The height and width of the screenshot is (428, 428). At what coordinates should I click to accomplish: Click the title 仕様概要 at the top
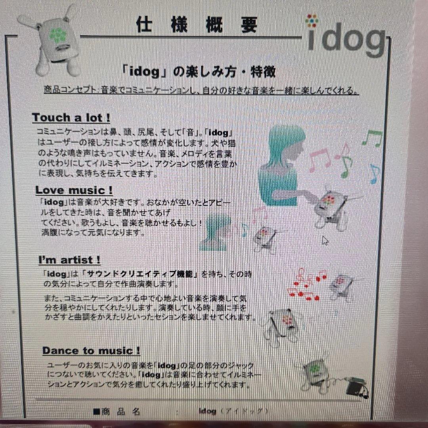tap(197, 25)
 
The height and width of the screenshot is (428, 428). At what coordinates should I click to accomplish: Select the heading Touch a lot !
tap(71, 118)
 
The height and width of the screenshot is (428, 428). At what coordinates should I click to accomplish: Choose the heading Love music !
tap(74, 190)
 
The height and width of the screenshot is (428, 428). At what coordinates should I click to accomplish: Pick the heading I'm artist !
tap(69, 260)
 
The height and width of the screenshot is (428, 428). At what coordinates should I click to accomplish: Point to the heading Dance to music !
tap(91, 351)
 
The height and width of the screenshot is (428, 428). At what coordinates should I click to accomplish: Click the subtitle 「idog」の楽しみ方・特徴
tap(199, 72)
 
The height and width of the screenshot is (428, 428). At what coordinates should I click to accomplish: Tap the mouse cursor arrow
tap(325, 241)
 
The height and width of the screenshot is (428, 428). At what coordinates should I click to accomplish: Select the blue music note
tap(374, 175)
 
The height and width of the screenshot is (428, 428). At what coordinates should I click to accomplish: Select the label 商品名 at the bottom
tap(120, 412)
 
